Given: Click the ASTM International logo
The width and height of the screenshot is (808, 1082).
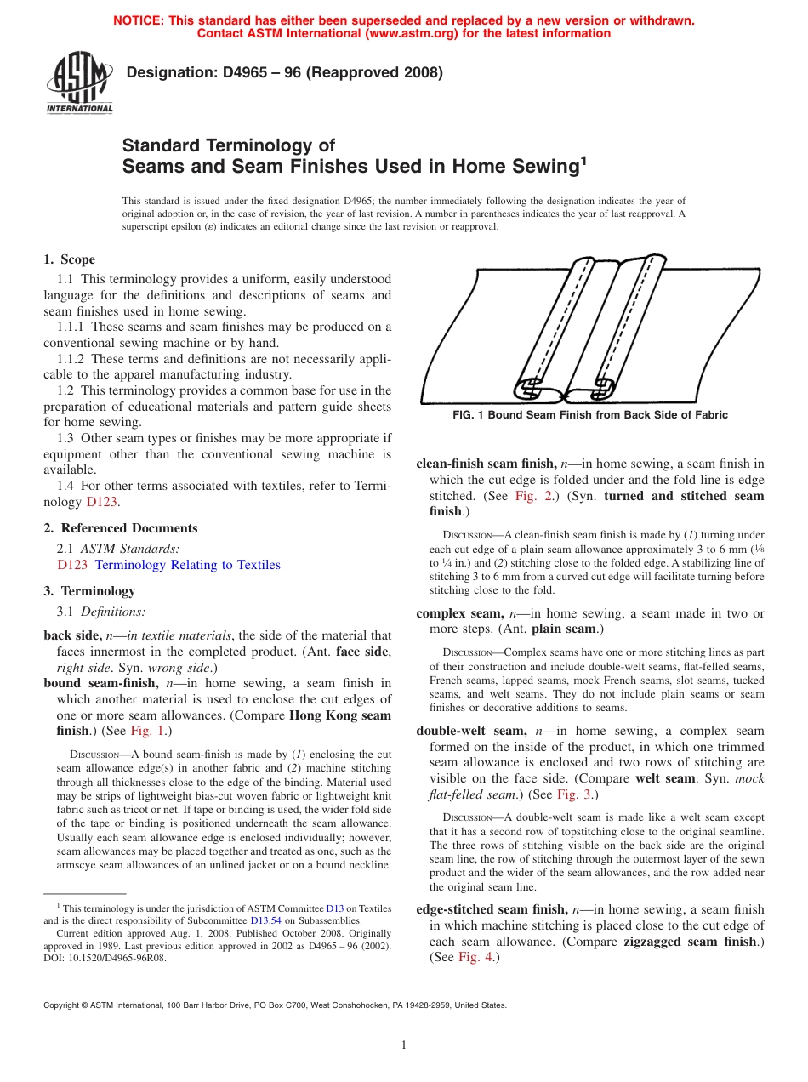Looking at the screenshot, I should point(79,83).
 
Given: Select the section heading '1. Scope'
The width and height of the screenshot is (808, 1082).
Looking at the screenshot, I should point(70,259).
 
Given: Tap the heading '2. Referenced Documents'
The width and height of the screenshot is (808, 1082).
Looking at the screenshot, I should point(121,528).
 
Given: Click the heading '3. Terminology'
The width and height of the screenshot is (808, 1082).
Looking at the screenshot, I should point(89,591).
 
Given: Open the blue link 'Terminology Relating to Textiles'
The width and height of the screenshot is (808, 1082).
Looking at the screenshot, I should point(187,565).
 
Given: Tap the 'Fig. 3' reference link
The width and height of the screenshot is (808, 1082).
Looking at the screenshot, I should point(575,794).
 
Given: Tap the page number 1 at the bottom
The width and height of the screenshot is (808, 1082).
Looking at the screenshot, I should point(404,1045).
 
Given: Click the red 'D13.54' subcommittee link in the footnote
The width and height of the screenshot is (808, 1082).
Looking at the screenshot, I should point(264,920).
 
